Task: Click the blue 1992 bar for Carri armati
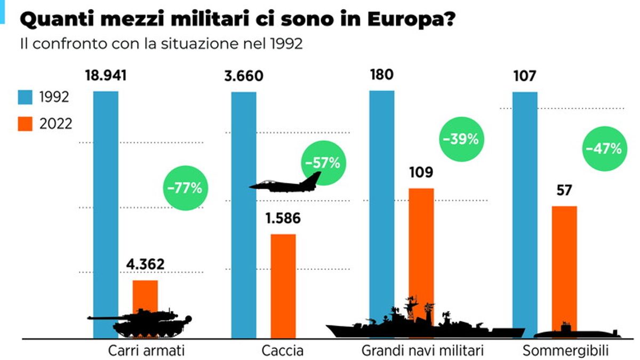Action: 106,203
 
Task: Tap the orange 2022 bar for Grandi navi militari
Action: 421,251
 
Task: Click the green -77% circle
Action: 185,188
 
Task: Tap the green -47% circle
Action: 603,149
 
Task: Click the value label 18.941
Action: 106,75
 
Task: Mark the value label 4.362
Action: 145,264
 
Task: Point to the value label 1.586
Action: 283,219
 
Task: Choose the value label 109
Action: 421,173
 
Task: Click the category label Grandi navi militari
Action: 422,351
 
